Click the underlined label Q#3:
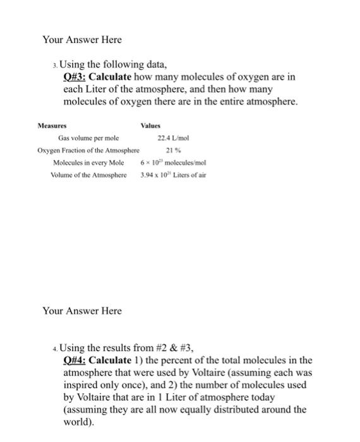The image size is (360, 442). (x=74, y=76)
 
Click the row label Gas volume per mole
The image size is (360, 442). (x=88, y=138)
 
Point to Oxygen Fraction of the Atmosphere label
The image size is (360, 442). (x=88, y=150)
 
